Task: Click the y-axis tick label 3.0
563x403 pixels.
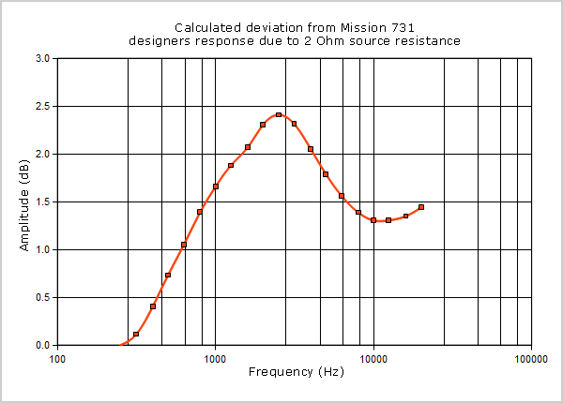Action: (x=42, y=58)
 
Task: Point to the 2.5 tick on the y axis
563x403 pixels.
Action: (x=42, y=106)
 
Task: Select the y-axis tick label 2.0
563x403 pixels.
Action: (x=42, y=154)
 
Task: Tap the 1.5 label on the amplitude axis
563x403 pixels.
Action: (x=42, y=201)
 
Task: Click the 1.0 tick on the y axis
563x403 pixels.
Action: (x=42, y=249)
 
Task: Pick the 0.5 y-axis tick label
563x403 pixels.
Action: (x=42, y=297)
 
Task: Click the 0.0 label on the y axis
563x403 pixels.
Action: (x=42, y=345)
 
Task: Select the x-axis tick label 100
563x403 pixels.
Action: (x=58, y=357)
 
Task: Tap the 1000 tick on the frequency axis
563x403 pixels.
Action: (x=216, y=357)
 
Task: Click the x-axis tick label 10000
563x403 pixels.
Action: (x=373, y=357)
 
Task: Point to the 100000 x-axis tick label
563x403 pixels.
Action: (x=531, y=357)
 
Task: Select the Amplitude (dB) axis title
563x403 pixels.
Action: (x=25, y=201)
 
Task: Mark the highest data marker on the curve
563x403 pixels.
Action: (x=279, y=115)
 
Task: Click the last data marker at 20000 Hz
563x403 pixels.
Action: (x=421, y=207)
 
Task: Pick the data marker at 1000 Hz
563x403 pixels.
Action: (x=216, y=187)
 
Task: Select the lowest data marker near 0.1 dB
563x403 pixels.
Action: (x=136, y=334)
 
